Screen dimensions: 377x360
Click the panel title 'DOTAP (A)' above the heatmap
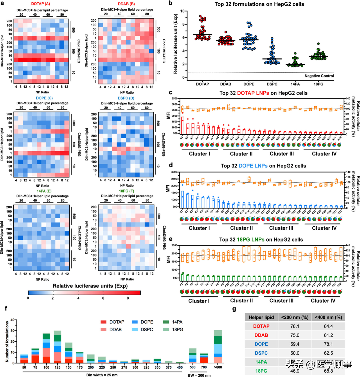41,4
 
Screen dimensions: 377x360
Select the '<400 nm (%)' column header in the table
328,316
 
